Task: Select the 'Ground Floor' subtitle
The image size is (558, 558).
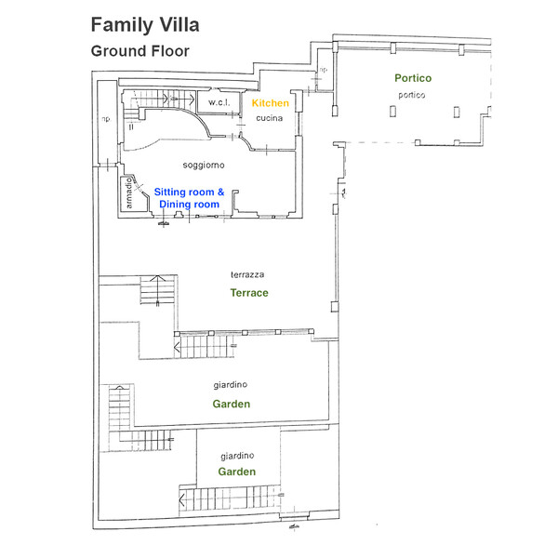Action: (139, 51)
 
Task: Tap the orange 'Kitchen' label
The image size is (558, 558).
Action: (271, 103)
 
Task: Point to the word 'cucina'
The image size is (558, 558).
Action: (269, 118)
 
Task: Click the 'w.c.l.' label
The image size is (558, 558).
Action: (219, 101)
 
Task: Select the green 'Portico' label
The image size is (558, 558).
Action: (413, 79)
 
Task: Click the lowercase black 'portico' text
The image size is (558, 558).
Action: (411, 95)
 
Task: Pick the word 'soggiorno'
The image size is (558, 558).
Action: (203, 165)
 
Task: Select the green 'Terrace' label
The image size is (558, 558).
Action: (249, 293)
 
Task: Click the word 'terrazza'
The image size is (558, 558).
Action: (249, 275)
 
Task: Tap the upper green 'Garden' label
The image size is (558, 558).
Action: (231, 404)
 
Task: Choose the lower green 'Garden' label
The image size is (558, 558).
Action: (237, 472)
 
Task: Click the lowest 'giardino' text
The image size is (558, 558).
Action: (238, 456)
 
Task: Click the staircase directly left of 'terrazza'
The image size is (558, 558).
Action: (154, 291)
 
